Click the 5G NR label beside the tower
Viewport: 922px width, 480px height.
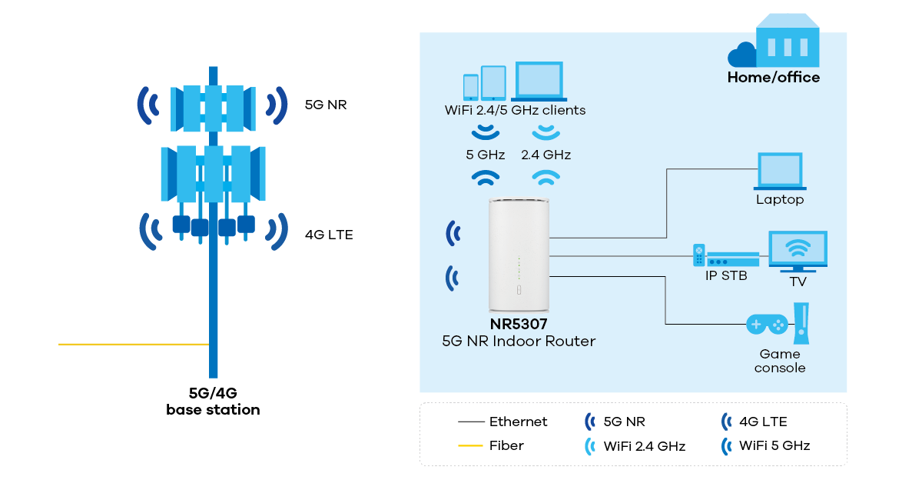326,105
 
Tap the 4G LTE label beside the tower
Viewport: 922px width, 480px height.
329,235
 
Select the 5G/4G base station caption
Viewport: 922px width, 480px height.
213,402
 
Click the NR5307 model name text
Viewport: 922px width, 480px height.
519,324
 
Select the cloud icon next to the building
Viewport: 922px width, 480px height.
743,55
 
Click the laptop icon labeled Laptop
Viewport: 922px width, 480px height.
780,171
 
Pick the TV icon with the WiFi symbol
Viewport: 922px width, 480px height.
798,251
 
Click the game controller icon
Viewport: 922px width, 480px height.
767,324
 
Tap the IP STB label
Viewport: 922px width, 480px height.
726,275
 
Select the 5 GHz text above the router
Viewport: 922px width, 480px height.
485,155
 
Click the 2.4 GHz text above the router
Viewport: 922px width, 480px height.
546,155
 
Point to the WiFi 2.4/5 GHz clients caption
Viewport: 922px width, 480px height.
515,110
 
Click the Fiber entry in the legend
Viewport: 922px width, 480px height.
506,445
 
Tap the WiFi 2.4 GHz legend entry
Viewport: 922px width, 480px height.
644,445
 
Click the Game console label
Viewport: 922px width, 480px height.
780,361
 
